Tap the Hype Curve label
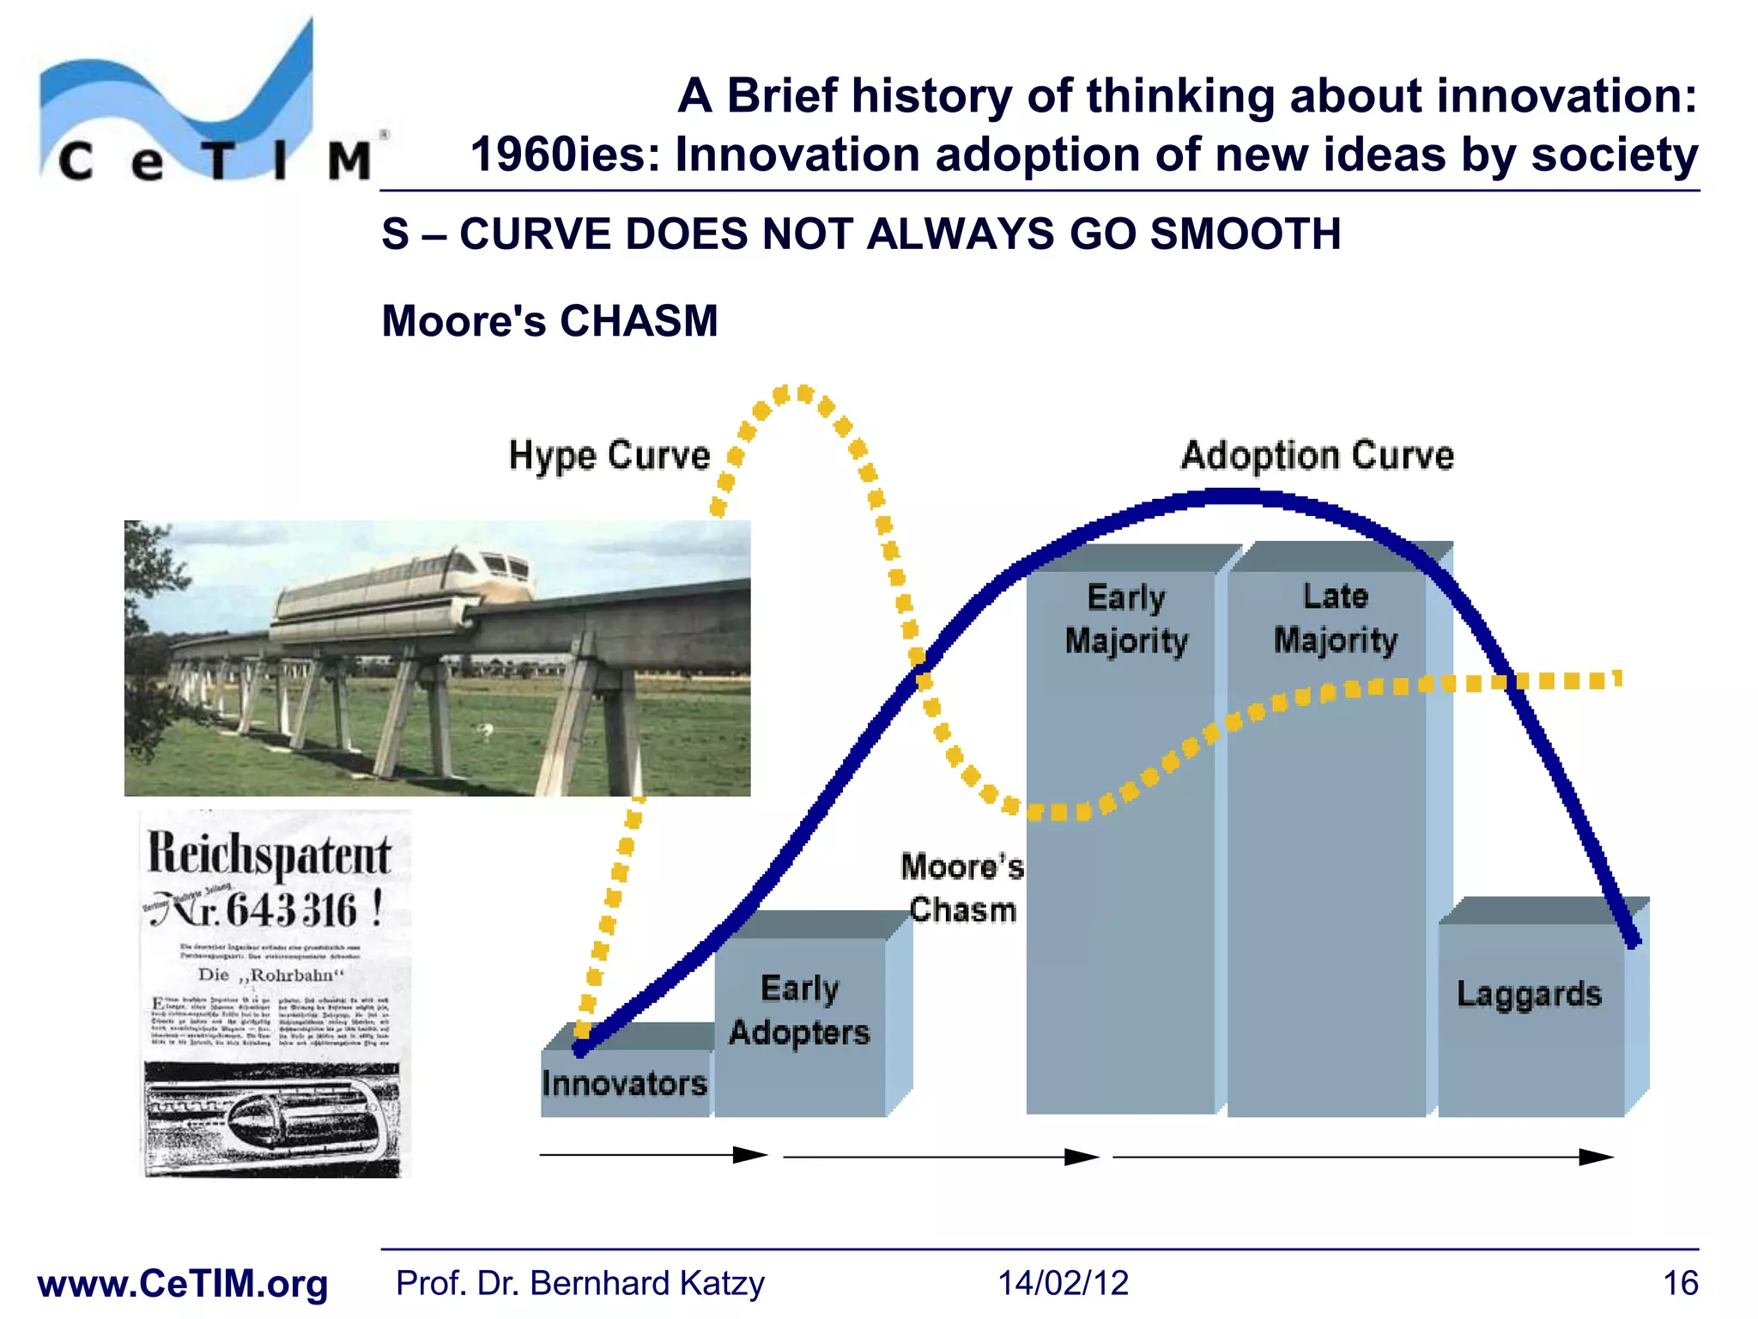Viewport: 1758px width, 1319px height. pos(609,455)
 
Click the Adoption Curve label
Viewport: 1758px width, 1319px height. pos(1317,455)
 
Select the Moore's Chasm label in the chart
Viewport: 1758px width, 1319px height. pos(962,888)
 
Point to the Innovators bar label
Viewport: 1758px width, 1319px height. pos(624,1084)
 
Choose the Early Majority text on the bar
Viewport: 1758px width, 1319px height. pos(1126,619)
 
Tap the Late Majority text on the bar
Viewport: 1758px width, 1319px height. pos(1335,618)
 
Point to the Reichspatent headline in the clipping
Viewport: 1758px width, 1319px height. pos(270,855)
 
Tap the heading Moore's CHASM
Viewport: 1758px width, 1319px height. pos(549,321)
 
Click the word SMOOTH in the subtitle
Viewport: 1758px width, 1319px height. pos(1245,234)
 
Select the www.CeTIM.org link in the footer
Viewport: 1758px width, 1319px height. pos(183,1284)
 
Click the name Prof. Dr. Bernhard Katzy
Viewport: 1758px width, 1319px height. pos(579,1283)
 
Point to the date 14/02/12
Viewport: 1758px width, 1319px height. pos(1063,1283)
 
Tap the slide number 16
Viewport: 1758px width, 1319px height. pos(1680,1283)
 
